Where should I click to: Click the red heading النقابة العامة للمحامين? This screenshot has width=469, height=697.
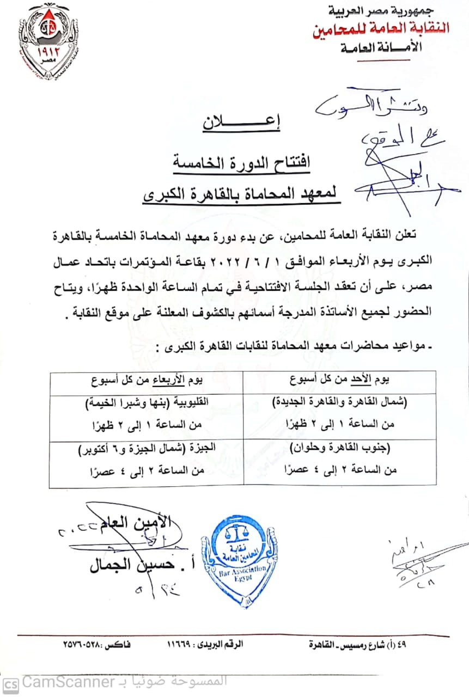pyautogui.click(x=381, y=29)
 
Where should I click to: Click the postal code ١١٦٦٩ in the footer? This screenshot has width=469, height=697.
pyautogui.click(x=186, y=645)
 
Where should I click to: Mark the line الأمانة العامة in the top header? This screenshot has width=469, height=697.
pyautogui.click(x=381, y=48)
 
